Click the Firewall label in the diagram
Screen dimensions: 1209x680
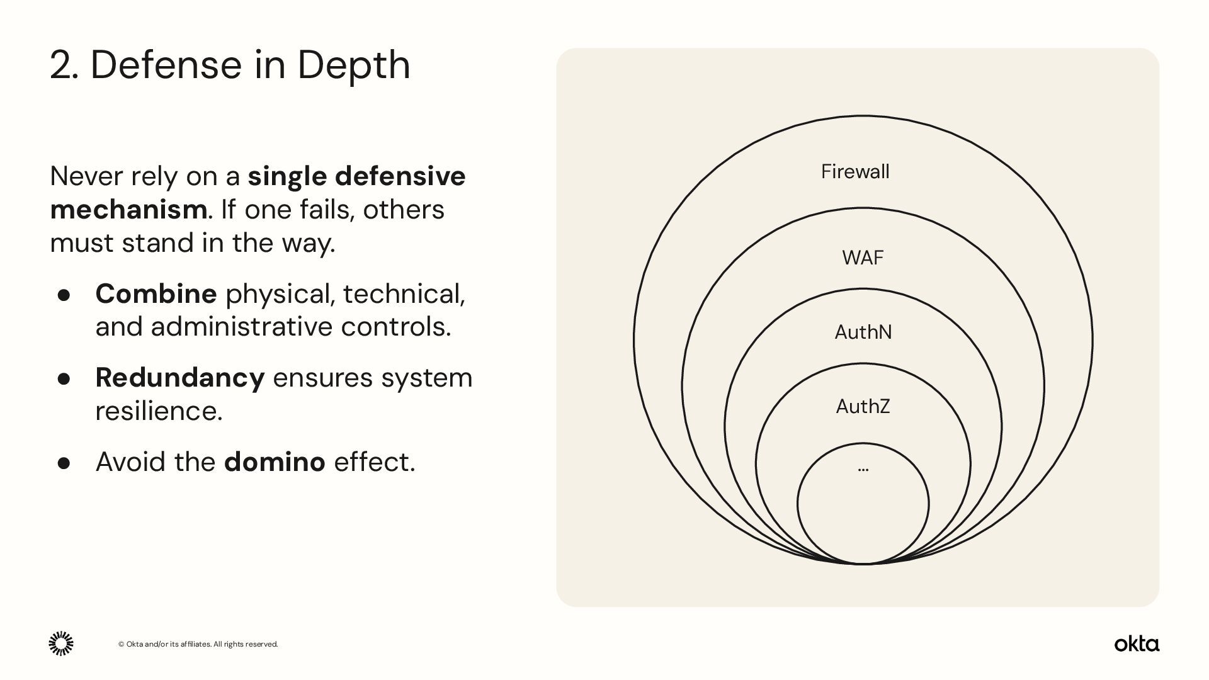point(854,171)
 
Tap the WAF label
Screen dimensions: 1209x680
point(863,258)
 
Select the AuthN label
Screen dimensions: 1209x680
point(863,332)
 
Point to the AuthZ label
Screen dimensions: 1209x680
point(863,406)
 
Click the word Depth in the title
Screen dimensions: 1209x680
point(353,64)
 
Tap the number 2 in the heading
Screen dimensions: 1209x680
point(61,65)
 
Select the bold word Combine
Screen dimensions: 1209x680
point(156,293)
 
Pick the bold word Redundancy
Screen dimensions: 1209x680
point(179,377)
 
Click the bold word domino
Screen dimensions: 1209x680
point(275,462)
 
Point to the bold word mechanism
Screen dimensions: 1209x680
point(128,210)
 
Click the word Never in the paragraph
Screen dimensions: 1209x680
point(86,176)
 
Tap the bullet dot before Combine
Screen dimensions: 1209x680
point(64,295)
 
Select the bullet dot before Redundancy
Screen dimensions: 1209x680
point(64,378)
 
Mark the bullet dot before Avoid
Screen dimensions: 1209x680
point(64,463)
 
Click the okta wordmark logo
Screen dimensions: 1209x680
point(1137,643)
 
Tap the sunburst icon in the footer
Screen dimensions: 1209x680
point(61,643)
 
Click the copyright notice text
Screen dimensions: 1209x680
point(198,644)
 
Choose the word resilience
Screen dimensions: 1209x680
point(159,411)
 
